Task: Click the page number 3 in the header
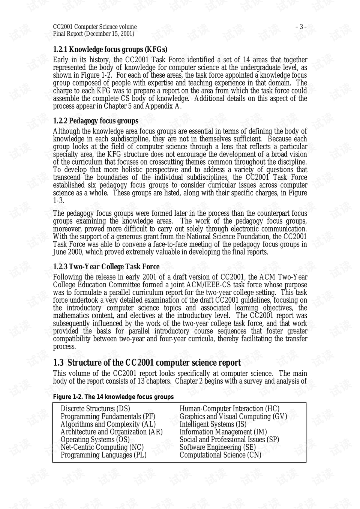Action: [x=301, y=27]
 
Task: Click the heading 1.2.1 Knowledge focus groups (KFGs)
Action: [x=110, y=50]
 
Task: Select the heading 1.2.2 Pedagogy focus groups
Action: [x=96, y=121]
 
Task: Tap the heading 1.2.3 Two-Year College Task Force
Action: [x=106, y=267]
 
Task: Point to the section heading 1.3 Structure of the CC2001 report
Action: [x=147, y=363]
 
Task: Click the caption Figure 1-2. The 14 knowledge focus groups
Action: [x=113, y=397]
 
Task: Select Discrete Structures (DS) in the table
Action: [x=95, y=409]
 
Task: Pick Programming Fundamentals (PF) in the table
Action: [x=108, y=417]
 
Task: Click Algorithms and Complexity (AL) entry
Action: [x=108, y=424]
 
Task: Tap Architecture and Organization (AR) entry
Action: [x=111, y=432]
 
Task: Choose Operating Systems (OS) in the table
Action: [x=95, y=440]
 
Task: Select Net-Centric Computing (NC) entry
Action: [x=102, y=447]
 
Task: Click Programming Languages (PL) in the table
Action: [x=103, y=455]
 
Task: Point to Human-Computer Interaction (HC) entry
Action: [x=229, y=409]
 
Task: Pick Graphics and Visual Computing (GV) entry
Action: [x=233, y=417]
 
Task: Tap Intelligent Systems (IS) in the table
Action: [x=213, y=424]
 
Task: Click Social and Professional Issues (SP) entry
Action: [x=229, y=440]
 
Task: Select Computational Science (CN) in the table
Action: [x=220, y=455]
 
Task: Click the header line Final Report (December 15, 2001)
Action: [x=93, y=34]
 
